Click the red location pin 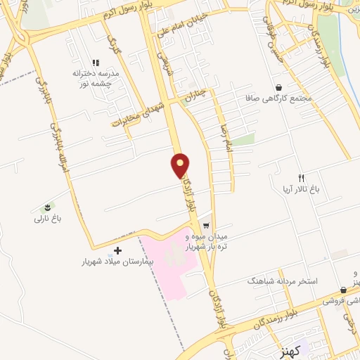pos(181,165)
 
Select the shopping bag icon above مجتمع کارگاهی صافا pos(280,88)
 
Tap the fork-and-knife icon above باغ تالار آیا pos(302,178)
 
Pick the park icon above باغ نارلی pos(47,207)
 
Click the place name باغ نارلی pos(49,219)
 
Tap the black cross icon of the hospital pos(117,250)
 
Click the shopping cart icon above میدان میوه pos(205,226)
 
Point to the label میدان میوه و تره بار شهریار pos(241,243)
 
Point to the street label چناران pos(192,98)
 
